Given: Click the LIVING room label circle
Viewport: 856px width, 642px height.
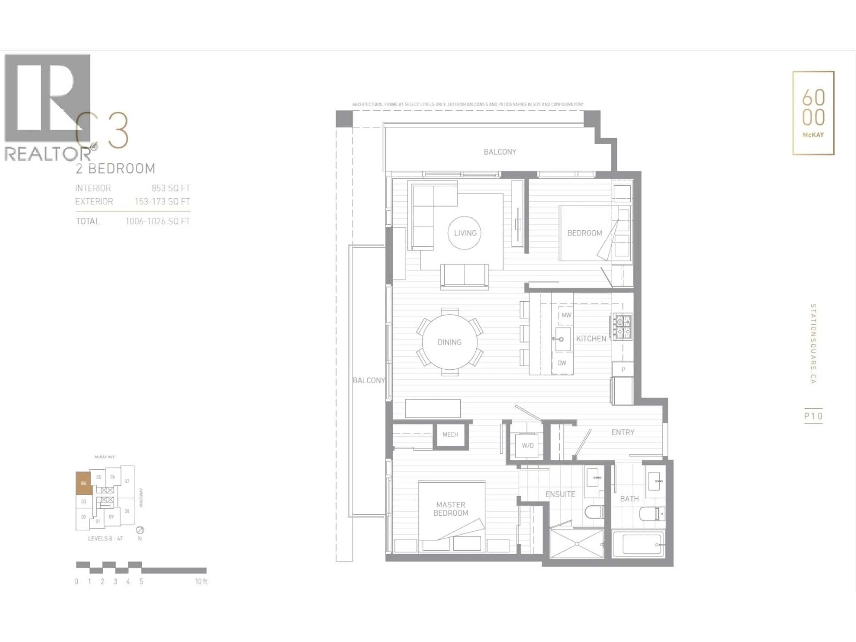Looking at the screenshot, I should click(465, 233).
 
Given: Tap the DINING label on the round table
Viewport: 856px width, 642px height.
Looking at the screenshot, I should click(449, 342).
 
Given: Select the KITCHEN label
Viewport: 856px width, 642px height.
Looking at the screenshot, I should click(591, 339).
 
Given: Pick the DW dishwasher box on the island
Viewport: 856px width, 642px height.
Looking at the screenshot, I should click(562, 363).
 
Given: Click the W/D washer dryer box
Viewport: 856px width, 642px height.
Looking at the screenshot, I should click(527, 445).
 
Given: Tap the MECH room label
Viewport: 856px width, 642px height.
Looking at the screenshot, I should click(450, 435).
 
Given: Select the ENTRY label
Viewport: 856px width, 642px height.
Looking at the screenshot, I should click(623, 432).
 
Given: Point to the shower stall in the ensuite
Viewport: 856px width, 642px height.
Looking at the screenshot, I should click(577, 544).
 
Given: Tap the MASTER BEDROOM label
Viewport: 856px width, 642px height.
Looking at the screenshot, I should click(451, 509).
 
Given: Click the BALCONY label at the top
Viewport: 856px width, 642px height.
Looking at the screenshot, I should click(500, 152).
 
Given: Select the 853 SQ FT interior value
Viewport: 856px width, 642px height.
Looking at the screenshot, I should click(171, 188).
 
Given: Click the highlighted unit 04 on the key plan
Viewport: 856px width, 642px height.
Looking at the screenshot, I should click(84, 483).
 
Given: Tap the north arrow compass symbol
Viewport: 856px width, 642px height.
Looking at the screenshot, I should click(140, 530).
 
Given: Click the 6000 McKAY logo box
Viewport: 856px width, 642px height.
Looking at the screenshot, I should click(813, 113).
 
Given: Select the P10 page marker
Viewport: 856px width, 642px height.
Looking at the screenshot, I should click(813, 416).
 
